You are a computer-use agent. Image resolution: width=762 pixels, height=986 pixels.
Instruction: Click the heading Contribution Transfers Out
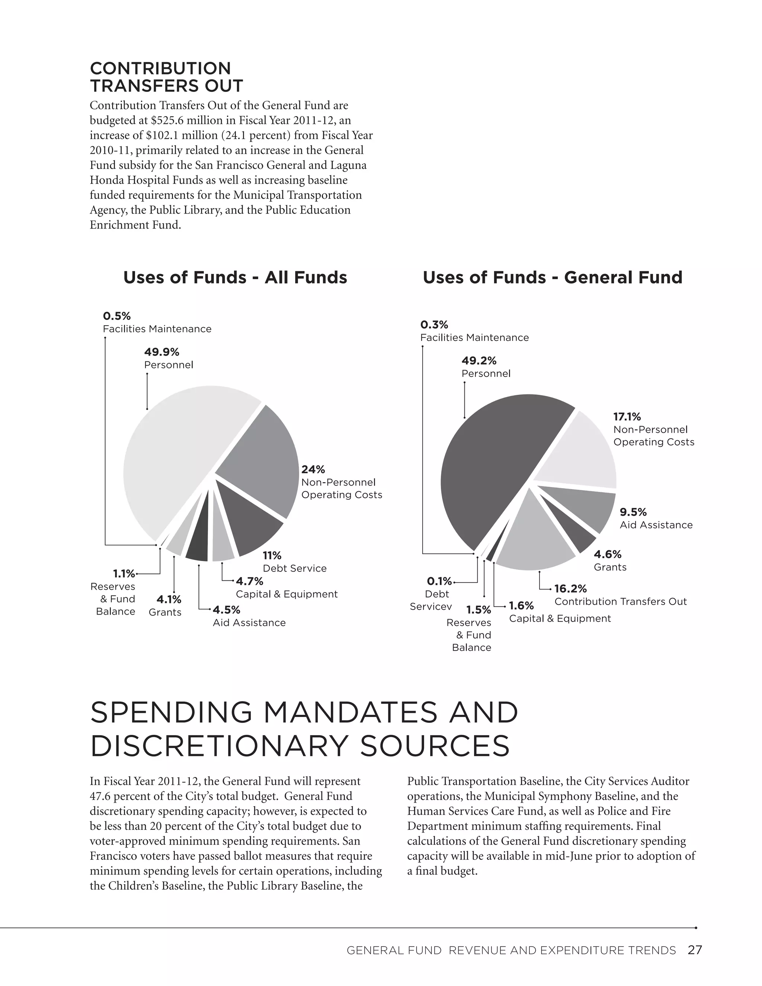coord(166,77)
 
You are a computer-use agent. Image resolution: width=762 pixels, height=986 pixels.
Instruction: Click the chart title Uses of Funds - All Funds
coord(235,277)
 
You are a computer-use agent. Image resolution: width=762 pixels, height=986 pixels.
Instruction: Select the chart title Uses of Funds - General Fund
coord(553,277)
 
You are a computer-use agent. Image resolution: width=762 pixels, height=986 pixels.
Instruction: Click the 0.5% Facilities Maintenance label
coord(157,322)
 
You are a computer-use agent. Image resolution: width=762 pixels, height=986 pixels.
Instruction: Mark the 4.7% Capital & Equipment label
coord(286,588)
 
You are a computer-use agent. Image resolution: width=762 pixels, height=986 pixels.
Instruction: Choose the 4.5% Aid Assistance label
coord(249,616)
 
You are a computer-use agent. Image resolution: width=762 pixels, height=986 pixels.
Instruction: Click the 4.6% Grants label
coord(609,560)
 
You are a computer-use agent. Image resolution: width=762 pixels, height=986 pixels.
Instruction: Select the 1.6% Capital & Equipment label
coord(560,612)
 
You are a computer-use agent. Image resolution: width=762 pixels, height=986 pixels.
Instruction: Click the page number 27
coord(695,950)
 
